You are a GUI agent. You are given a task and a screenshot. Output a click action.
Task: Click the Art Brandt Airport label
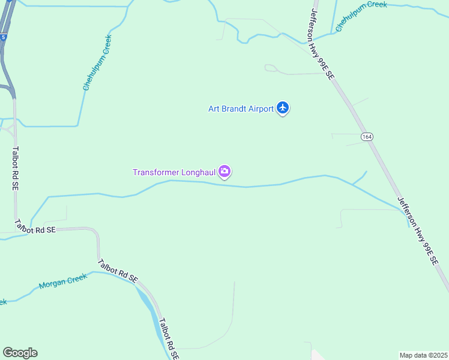(x=241, y=109)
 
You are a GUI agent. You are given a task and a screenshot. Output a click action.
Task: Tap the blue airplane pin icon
(x=283, y=108)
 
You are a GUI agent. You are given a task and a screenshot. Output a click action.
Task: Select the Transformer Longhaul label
(x=174, y=173)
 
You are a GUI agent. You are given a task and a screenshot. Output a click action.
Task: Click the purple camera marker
(x=224, y=172)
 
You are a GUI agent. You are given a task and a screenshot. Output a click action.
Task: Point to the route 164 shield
(x=367, y=137)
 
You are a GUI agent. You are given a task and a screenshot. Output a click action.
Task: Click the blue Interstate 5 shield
(x=3, y=37)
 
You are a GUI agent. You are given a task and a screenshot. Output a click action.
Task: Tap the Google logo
(x=20, y=353)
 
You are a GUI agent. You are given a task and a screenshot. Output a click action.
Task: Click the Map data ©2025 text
(x=423, y=355)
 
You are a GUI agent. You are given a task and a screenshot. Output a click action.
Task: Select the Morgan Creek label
(x=63, y=281)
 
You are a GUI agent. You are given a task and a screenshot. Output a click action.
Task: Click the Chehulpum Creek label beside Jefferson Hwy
(x=361, y=17)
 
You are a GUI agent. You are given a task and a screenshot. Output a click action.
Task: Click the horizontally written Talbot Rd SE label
(x=35, y=228)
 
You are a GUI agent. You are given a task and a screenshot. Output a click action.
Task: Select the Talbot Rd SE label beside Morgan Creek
(x=118, y=270)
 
